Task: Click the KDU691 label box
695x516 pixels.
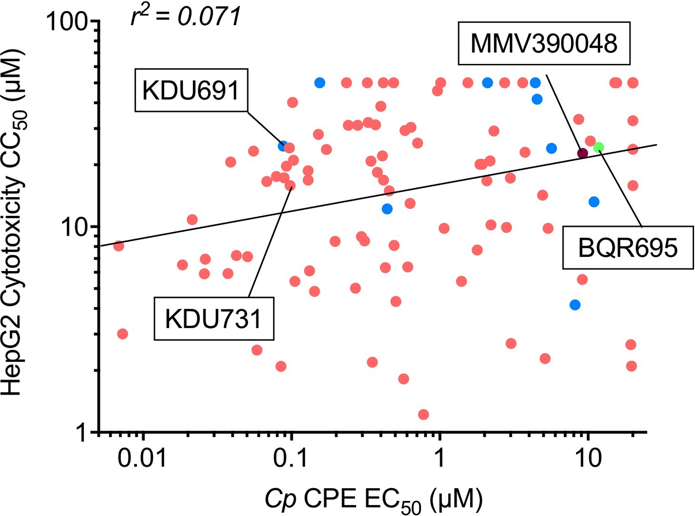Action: pyautogui.click(x=191, y=90)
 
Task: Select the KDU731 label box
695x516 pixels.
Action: pyautogui.click(x=214, y=318)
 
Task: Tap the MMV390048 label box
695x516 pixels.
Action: pyautogui.click(x=544, y=43)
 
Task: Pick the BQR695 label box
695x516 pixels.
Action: pyautogui.click(x=627, y=247)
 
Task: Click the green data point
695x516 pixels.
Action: pyautogui.click(x=598, y=147)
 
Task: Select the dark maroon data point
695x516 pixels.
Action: pyautogui.click(x=582, y=153)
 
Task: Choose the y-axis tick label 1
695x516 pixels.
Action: pyautogui.click(x=81, y=433)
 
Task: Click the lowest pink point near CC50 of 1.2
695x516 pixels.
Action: pyautogui.click(x=423, y=414)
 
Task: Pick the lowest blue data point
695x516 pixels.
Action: pyautogui.click(x=575, y=305)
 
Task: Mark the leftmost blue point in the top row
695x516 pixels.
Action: pyautogui.click(x=319, y=83)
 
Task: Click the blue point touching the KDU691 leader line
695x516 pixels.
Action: pyautogui.click(x=283, y=146)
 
